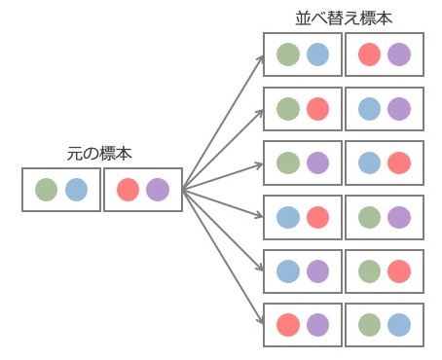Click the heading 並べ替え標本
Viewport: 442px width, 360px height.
(344, 18)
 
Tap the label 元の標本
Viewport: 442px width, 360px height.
(99, 154)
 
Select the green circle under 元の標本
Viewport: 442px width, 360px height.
(47, 190)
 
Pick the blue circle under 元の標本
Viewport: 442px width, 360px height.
(76, 190)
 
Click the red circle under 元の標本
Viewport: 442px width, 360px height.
(129, 190)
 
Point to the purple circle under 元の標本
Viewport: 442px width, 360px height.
(158, 190)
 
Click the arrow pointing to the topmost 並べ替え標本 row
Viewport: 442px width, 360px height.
(223, 123)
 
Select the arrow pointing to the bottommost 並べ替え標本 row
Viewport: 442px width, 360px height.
(223, 257)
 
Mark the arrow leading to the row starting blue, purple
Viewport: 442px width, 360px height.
(223, 230)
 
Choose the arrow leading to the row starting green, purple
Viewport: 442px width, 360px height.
(223, 177)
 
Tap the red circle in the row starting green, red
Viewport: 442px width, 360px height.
(317, 109)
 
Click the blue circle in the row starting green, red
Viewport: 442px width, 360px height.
(370, 109)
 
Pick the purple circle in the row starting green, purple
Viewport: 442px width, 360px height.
(317, 162)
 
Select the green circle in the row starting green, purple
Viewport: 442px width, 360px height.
(288, 162)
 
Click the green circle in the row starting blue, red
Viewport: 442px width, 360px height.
(370, 217)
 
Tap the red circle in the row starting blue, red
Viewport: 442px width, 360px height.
(317, 217)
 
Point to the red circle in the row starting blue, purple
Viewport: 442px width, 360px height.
(399, 271)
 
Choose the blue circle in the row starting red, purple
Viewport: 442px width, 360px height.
(399, 325)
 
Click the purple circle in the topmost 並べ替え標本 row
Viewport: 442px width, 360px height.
(399, 54)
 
